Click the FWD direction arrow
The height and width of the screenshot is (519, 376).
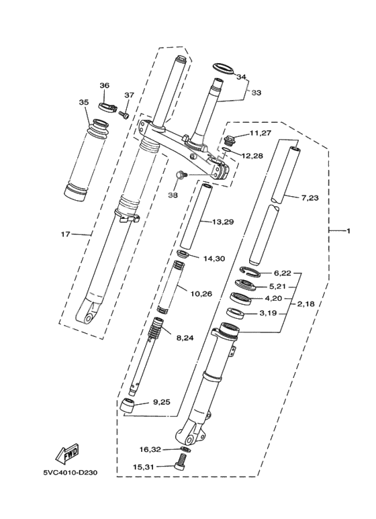coord(68,456)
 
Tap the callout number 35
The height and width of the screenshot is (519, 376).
coord(83,103)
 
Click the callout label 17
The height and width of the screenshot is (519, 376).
coord(65,234)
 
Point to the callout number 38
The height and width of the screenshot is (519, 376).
coord(174,195)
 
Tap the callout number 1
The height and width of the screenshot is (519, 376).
coord(348,232)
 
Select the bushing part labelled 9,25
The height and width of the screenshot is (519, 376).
coord(129,406)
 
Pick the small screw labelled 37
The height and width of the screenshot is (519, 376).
coord(123,114)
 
